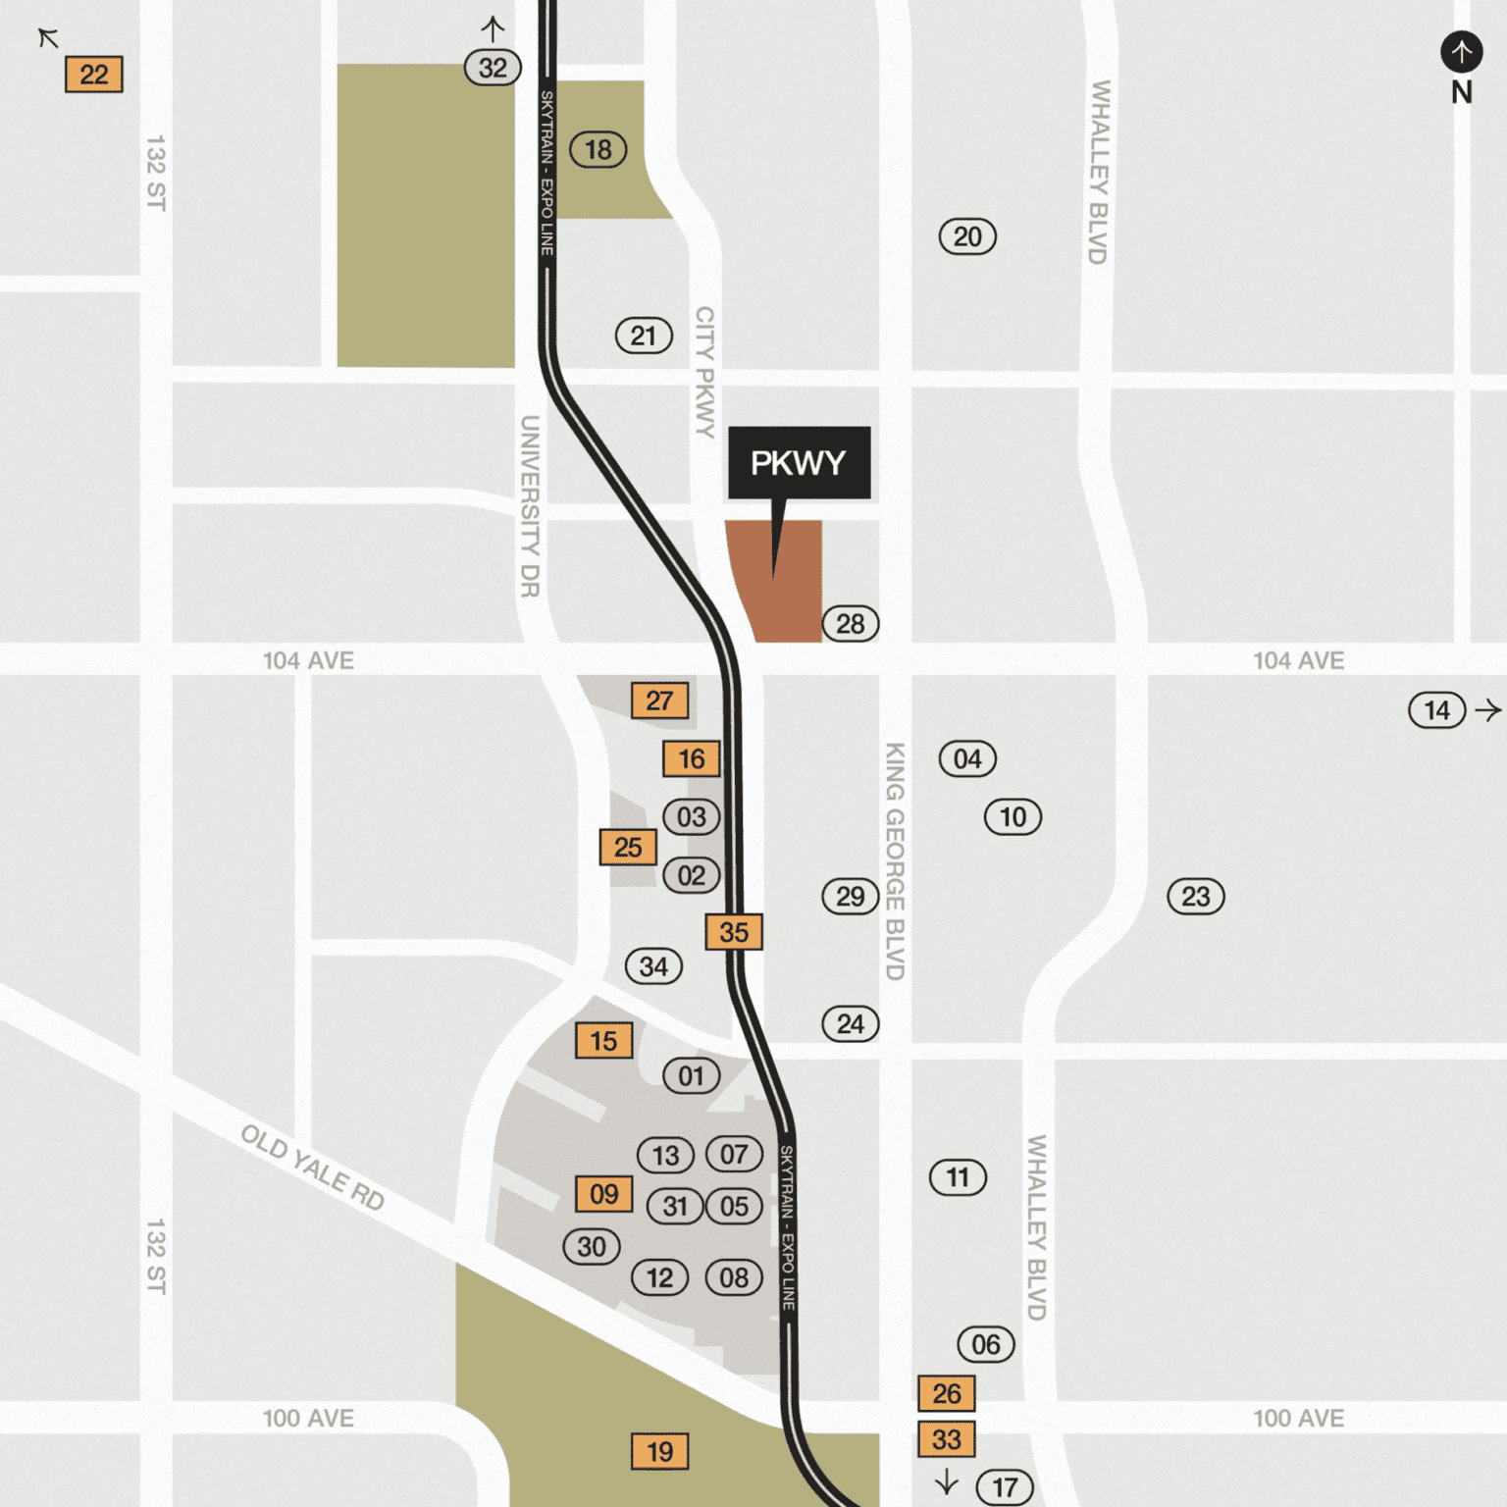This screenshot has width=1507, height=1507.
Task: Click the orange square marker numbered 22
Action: [94, 75]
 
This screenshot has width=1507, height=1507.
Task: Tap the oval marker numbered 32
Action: [493, 68]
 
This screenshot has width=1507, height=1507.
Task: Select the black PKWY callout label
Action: [799, 462]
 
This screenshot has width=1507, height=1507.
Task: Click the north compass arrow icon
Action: [1461, 51]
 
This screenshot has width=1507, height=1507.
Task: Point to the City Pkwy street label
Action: [704, 372]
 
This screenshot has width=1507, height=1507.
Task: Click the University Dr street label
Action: [530, 506]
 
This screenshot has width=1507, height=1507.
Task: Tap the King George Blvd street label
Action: [895, 860]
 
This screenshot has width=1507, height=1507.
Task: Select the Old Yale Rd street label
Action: [312, 1168]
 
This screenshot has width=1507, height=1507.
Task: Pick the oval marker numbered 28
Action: [850, 624]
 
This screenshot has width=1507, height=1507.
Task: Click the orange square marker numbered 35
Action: [734, 932]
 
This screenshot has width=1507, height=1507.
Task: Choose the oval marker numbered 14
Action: [1436, 710]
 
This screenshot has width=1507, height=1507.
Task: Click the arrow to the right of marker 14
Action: [1488, 710]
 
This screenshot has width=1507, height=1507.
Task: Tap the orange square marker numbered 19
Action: [659, 1451]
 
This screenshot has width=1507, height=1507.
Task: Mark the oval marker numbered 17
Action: [1005, 1487]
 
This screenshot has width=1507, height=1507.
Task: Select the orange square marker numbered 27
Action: [659, 701]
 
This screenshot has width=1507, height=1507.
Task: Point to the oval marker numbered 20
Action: [967, 236]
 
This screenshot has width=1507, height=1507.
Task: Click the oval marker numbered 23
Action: [1195, 897]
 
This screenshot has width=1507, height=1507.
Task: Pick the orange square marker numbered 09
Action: [603, 1194]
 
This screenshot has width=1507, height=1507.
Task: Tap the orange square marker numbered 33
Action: [946, 1439]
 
